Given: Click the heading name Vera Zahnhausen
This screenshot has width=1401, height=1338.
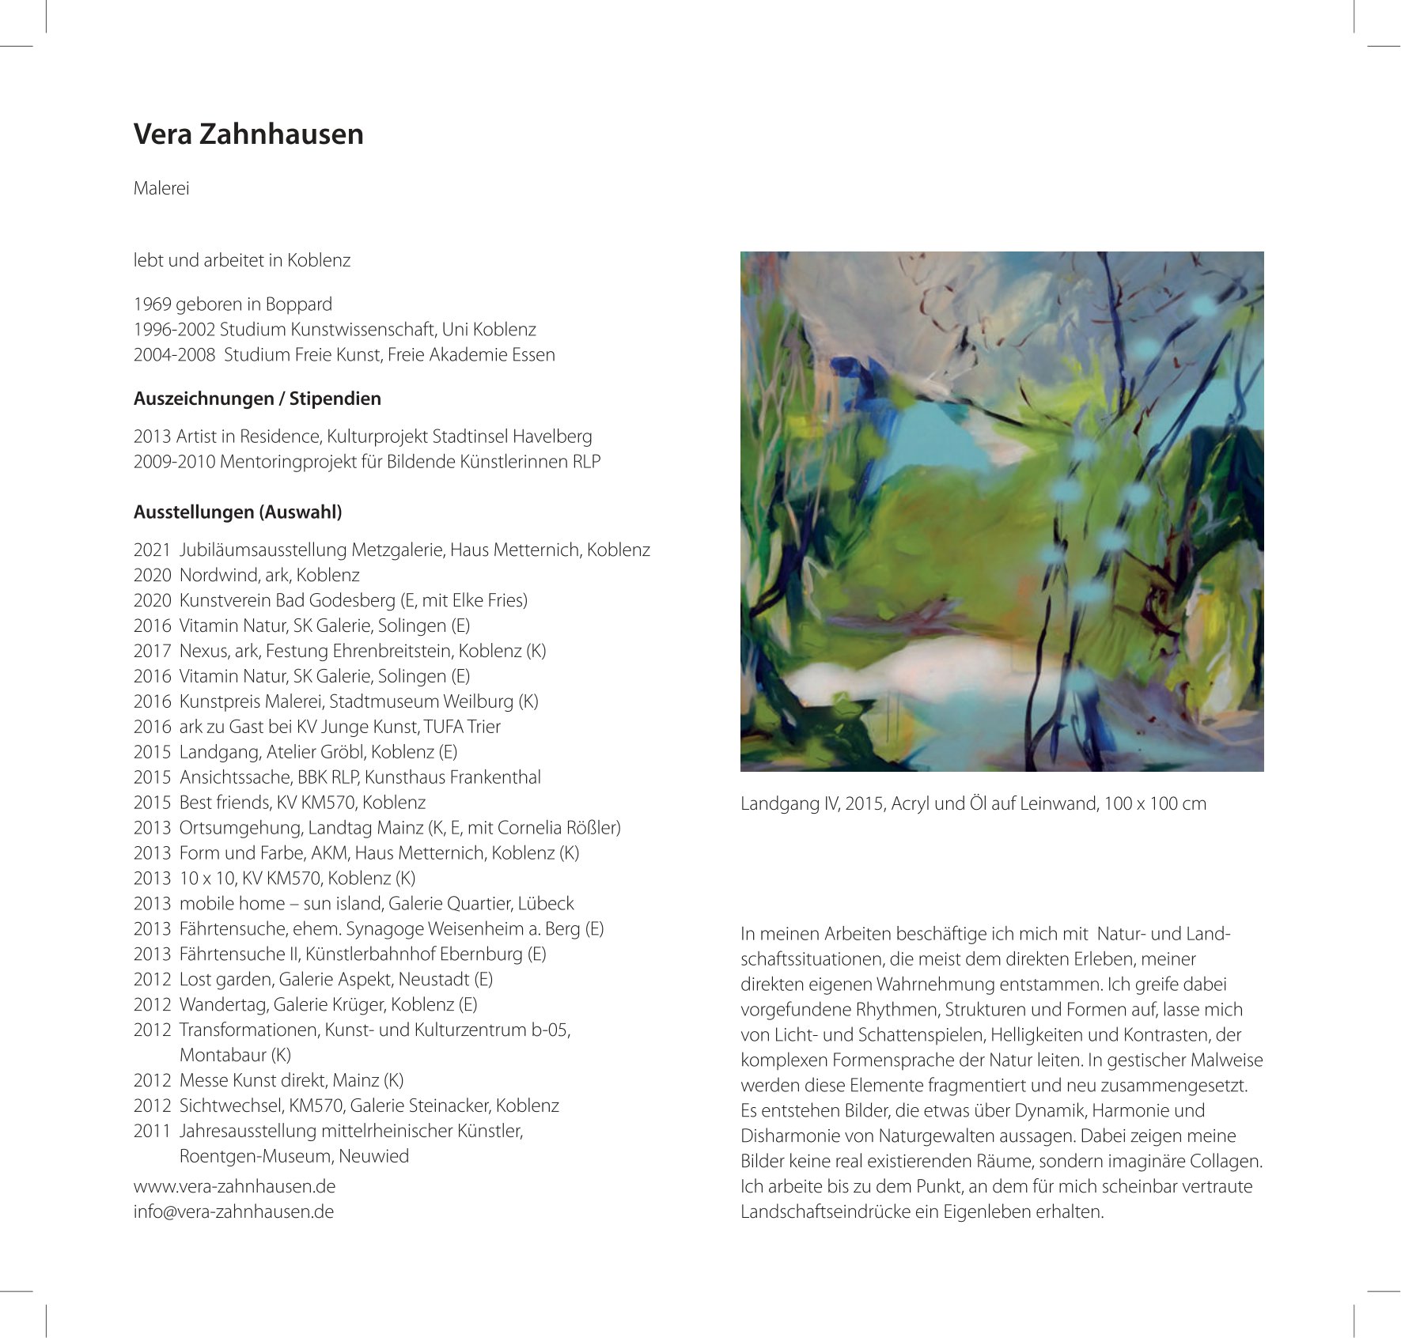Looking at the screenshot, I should tap(248, 134).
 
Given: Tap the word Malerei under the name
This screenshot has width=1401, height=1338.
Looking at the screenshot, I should tap(161, 189).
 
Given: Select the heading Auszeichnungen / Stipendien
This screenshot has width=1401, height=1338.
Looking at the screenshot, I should tap(257, 399).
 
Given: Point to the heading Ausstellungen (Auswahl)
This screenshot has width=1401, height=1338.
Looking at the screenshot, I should tap(237, 512).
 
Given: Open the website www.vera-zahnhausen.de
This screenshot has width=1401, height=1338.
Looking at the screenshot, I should tap(234, 1187).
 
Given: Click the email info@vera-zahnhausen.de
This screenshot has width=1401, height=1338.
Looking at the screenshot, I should tap(233, 1212).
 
